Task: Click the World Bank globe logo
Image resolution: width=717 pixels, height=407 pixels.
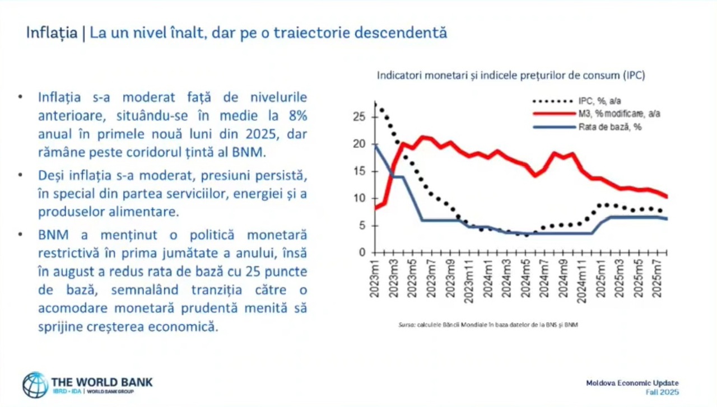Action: (x=35, y=385)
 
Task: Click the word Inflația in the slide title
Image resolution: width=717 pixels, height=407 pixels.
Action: (x=52, y=32)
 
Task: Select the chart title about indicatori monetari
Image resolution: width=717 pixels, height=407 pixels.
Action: (x=510, y=75)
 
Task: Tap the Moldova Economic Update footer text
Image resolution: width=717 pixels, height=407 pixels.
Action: (x=632, y=383)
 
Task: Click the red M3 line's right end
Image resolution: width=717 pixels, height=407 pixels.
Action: (x=667, y=197)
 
